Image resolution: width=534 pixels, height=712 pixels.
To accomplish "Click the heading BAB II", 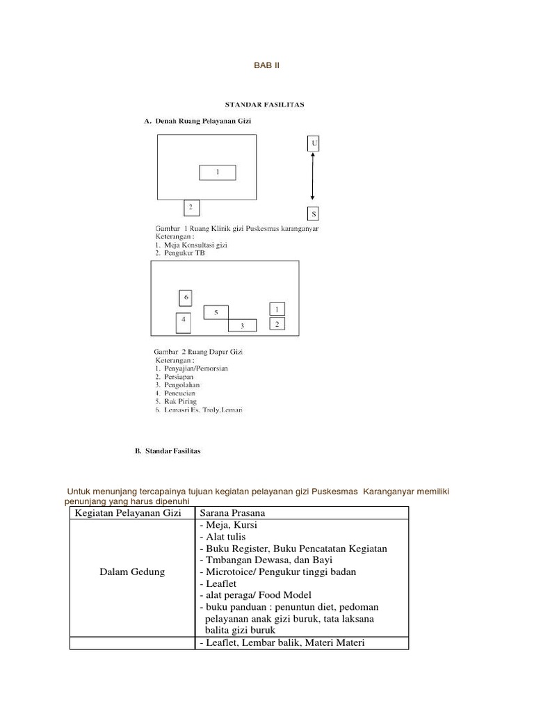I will tap(266, 66).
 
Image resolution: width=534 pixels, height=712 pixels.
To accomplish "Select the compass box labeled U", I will tap(314, 143).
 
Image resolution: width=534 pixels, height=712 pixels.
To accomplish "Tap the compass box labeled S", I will tap(314, 214).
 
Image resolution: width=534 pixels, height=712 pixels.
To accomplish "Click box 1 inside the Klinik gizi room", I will tap(217, 172).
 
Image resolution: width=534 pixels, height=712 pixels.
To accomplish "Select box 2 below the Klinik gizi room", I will tap(191, 207).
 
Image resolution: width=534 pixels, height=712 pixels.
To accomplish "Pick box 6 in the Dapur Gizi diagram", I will tap(185, 298).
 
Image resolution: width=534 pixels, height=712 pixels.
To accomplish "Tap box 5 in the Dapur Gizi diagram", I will tap(216, 312).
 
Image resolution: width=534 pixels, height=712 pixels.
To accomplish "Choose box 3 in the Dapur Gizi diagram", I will tap(242, 325).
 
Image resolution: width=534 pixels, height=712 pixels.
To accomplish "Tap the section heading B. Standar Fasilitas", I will tap(168, 451).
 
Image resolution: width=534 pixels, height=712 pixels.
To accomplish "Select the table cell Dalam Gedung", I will tap(132, 572).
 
